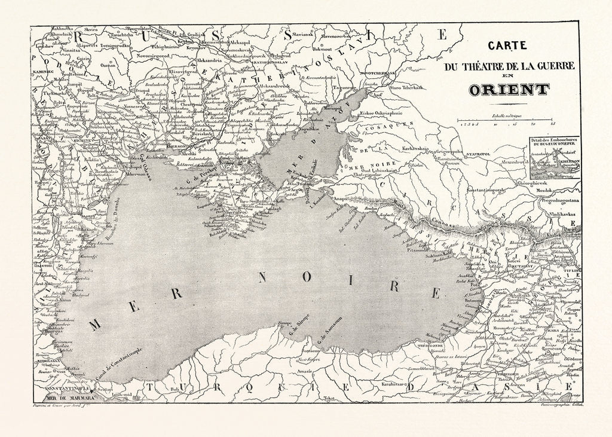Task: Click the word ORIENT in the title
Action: tap(509, 90)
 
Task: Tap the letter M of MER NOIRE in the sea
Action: tap(94, 325)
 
